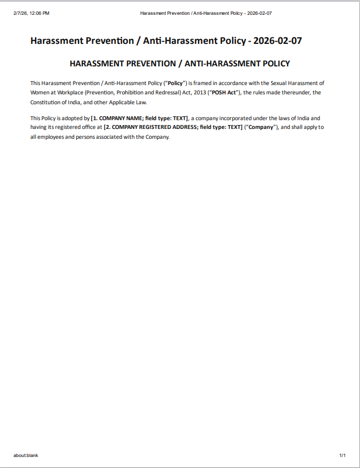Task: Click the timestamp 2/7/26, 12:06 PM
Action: tap(31, 13)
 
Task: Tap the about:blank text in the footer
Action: tap(26, 455)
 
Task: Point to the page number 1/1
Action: tap(342, 455)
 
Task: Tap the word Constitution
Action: tap(47, 102)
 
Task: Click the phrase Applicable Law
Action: tap(130, 102)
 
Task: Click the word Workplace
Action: tap(70, 92)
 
